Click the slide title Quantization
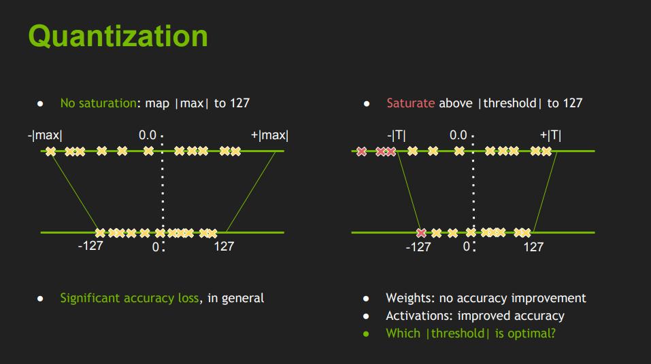tap(118, 35)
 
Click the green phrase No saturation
tap(98, 103)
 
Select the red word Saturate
tap(410, 103)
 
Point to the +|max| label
tap(269, 135)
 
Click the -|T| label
tap(397, 135)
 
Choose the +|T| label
tap(550, 135)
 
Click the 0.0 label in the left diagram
tap(148, 135)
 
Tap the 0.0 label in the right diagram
tap(458, 135)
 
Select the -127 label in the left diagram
tap(90, 246)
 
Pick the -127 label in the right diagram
tap(418, 247)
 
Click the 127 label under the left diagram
tap(224, 247)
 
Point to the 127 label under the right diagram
tap(533, 247)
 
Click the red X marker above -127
tap(422, 232)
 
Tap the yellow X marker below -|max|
tap(51, 151)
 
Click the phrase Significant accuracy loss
tap(129, 298)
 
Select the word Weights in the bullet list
tap(405, 298)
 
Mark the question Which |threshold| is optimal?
tap(470, 333)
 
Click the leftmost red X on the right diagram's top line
tap(362, 151)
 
